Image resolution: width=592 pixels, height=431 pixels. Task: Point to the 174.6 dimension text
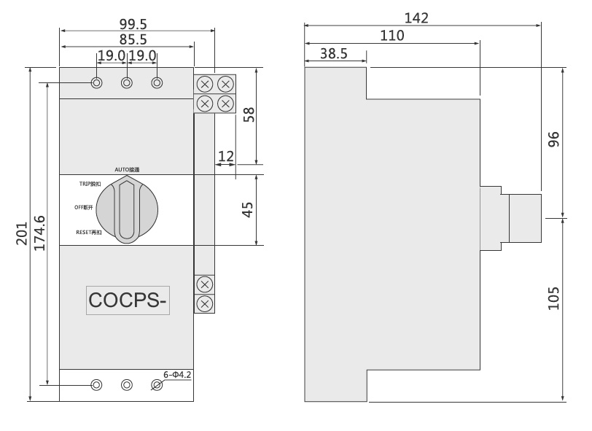40,233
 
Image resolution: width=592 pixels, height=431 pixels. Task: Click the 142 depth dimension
416,18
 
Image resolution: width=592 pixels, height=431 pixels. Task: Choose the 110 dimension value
392,35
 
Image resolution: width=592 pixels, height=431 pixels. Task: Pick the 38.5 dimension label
333,53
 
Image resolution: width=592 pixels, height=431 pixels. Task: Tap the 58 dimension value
248,115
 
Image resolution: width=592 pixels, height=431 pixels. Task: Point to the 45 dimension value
248,209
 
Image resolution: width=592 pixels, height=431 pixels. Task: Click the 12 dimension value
226,155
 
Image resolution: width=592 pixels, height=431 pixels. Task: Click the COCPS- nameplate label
128,300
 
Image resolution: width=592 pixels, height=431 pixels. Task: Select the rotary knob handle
127,209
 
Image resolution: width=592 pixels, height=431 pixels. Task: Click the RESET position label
94,232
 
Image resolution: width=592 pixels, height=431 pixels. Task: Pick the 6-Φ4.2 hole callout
176,374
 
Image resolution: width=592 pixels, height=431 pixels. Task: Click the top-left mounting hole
97,83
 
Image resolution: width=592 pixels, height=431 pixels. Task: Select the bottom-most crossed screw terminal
205,302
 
